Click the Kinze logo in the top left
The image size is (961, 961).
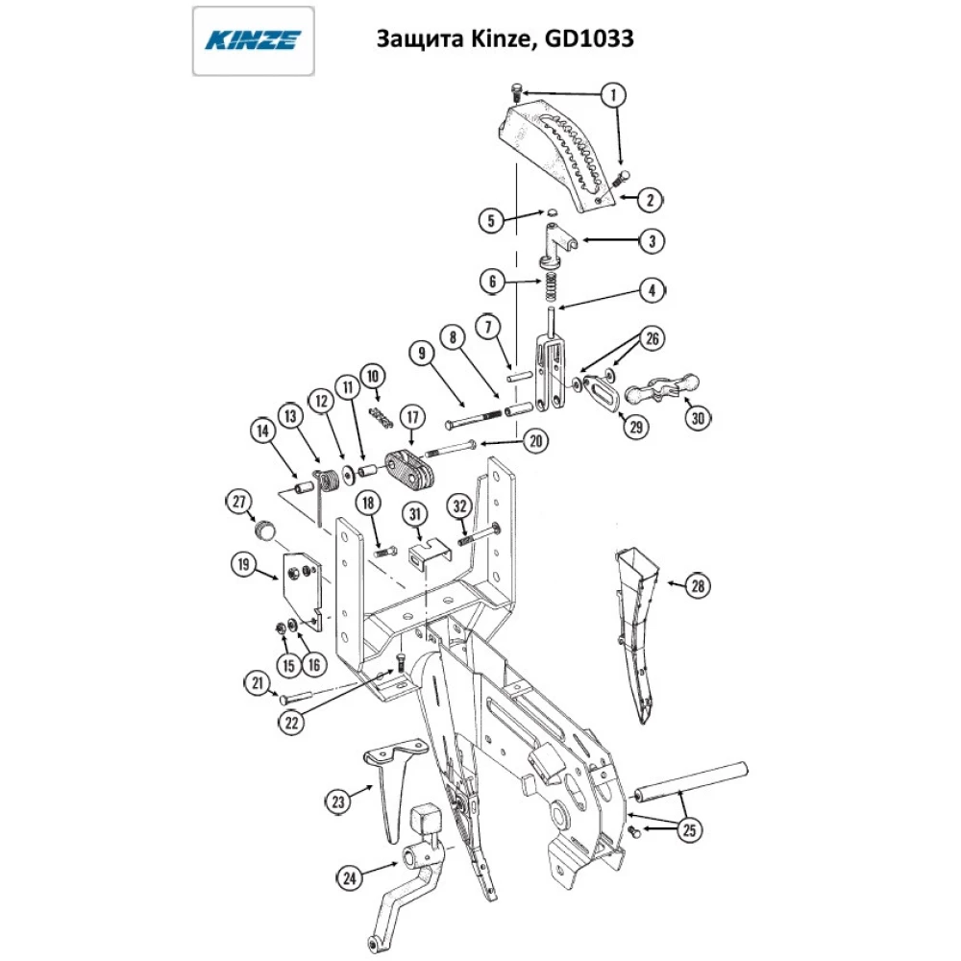[x=254, y=40]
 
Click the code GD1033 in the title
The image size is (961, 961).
[x=586, y=39]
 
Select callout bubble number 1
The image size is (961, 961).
[x=613, y=94]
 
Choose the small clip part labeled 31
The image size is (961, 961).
[x=427, y=554]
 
